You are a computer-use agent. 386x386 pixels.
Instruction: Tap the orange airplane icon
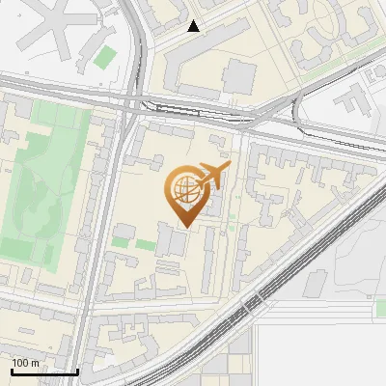211,176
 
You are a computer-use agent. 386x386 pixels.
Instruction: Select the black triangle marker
194,26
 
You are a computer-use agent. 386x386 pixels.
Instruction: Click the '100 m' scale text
26,363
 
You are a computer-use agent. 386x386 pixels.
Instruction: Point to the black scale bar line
44,372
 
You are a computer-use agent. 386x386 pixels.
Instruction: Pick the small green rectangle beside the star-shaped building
104,57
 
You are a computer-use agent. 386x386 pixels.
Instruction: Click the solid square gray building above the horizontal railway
237,76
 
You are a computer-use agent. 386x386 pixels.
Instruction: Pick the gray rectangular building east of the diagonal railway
316,283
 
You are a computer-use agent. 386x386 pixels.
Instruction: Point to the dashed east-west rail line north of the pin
193,109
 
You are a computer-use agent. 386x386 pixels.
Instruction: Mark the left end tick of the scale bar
12,371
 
